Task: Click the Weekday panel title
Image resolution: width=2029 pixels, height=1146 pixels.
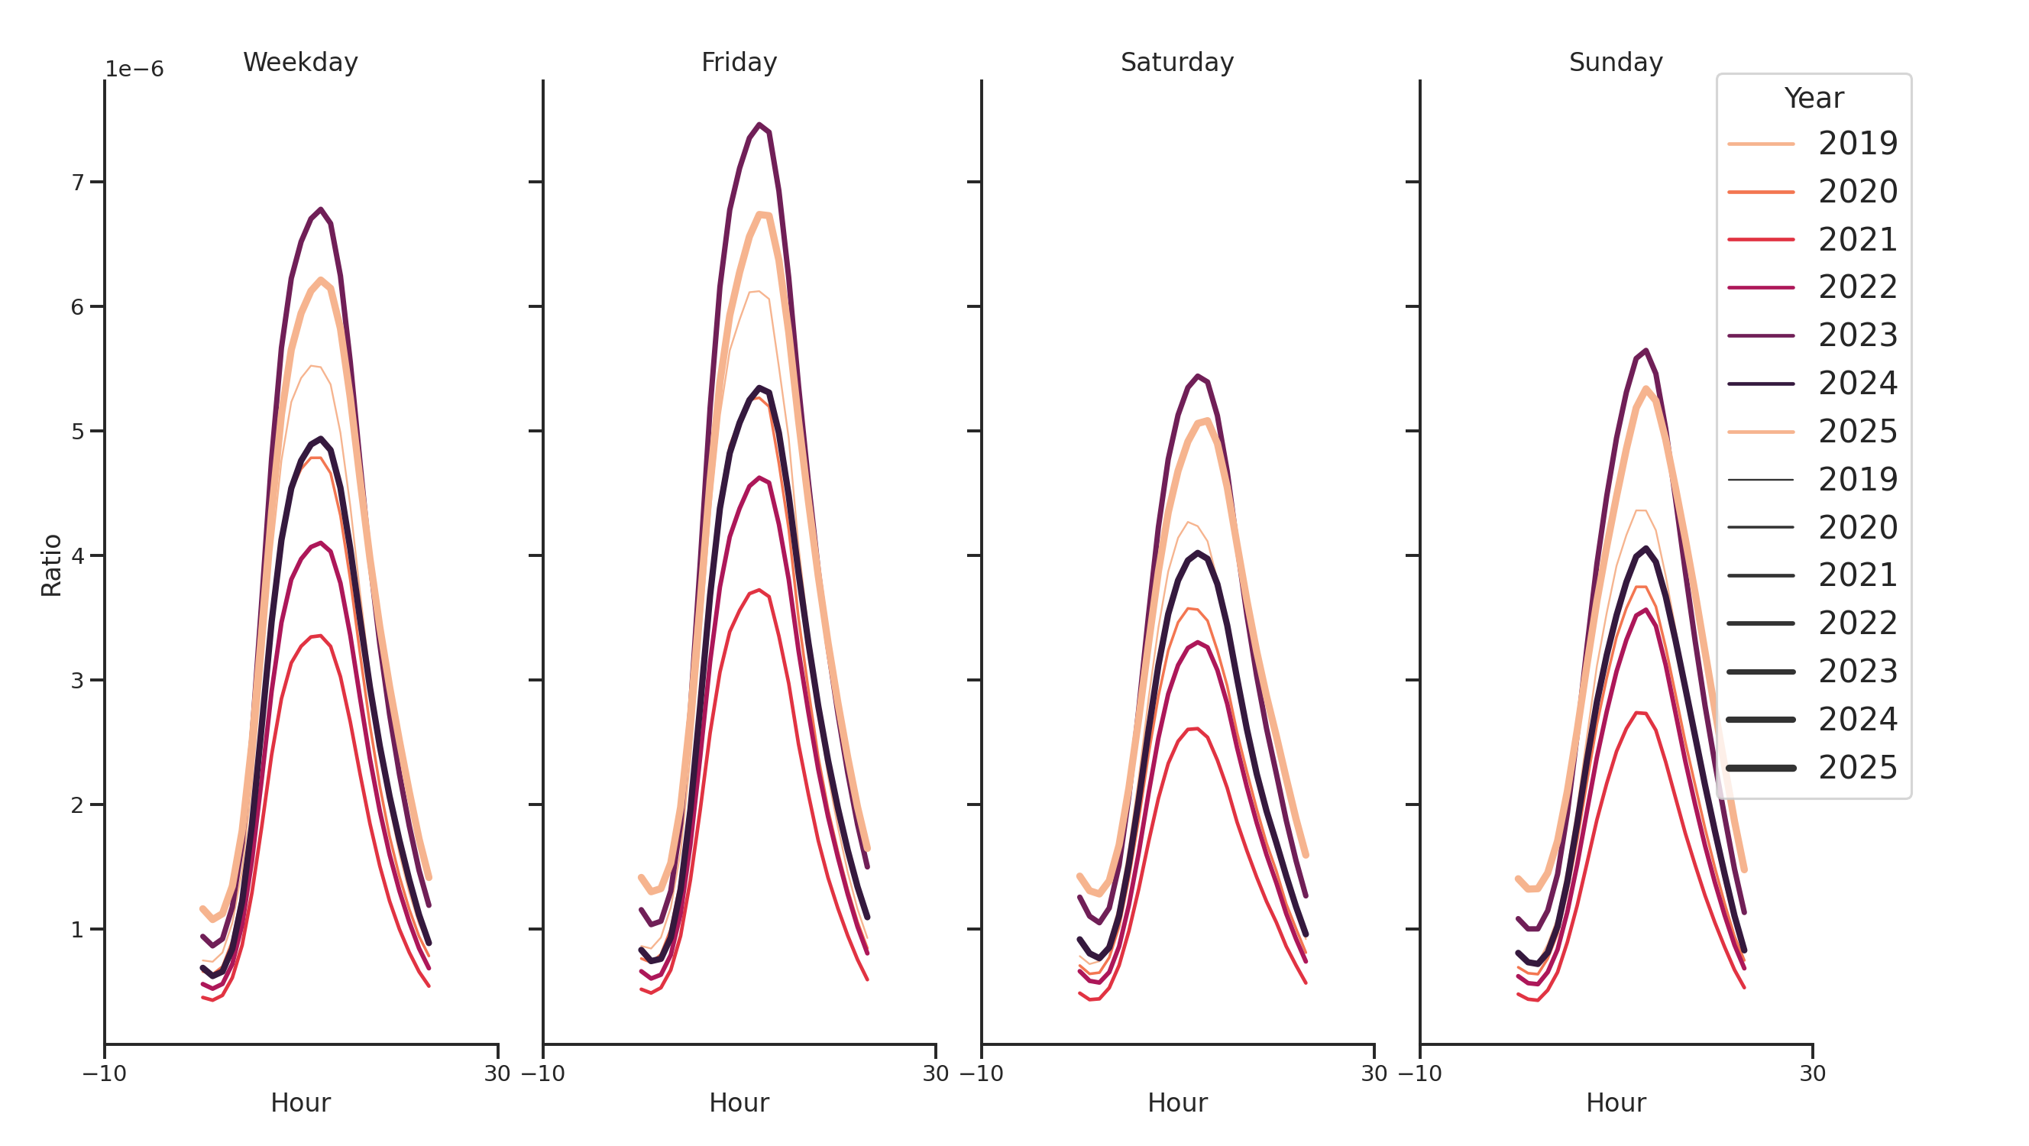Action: pos(300,62)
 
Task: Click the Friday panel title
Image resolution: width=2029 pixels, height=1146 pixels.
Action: pos(738,62)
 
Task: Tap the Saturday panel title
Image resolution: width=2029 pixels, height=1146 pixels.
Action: pos(1176,62)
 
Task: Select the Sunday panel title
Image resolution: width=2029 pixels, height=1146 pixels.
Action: pos(1615,62)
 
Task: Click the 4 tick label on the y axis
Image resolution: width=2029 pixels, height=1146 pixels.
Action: pos(77,556)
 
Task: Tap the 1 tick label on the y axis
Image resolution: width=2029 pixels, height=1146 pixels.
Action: pos(77,929)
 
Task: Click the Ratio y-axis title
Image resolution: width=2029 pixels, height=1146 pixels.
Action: pos(51,565)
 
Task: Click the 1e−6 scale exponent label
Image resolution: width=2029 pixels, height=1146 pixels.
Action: pos(134,70)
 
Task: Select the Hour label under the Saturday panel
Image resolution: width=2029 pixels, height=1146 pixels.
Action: pos(1176,1102)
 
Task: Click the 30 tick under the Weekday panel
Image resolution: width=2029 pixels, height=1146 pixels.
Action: pos(497,1073)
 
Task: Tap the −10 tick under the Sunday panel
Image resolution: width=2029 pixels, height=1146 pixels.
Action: pos(1419,1073)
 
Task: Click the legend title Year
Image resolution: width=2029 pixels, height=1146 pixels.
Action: pos(1813,99)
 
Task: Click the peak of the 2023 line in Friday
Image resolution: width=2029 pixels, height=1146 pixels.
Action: pos(759,125)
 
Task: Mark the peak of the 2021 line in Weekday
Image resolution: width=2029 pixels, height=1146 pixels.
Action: pos(319,636)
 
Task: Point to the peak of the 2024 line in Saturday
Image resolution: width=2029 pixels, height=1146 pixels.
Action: pos(1197,553)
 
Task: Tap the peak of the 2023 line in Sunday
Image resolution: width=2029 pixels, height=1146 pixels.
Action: pos(1646,351)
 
